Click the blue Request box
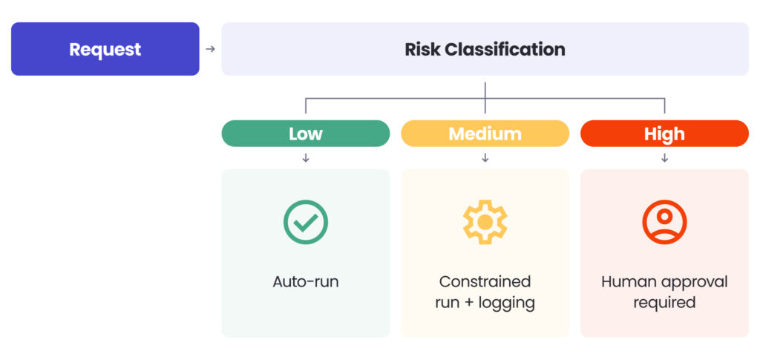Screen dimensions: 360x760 pos(105,49)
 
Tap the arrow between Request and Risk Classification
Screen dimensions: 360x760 pos(210,49)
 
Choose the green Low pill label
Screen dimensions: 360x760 pos(305,134)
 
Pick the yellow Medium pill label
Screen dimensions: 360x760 pos(485,134)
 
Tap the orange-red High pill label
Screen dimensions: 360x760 pos(664,134)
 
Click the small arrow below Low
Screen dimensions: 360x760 pos(306,158)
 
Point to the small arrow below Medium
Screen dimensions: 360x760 pos(485,158)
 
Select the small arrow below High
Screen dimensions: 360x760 pos(664,158)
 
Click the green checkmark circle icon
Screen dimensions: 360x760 pos(306,222)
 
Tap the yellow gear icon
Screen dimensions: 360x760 pos(485,222)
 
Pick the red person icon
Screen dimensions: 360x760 pos(664,222)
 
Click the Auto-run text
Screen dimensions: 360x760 pos(306,282)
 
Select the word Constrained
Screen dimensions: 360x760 pos(485,282)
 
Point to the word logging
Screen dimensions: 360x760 pos(508,303)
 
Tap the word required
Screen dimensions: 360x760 pos(664,303)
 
